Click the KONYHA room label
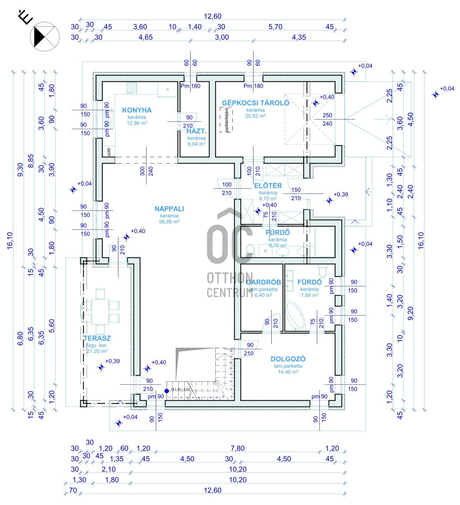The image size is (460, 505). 137,110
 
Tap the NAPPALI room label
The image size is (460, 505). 169,209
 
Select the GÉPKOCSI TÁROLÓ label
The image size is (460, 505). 255,103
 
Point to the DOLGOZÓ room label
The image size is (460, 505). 288,359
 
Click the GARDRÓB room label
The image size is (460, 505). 263,282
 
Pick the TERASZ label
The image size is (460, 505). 97,338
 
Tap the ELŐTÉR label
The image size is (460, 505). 268,186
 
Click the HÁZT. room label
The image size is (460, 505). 197,131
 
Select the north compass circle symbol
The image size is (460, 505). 45,37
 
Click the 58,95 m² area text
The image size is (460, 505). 169,222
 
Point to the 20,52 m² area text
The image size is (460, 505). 255,116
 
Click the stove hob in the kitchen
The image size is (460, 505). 132,88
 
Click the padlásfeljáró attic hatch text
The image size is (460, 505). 227,120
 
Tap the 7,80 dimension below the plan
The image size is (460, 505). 238,448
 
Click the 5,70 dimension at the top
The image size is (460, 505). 275,27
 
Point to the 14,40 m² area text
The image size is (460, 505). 288,372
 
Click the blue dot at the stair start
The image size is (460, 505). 167,391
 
